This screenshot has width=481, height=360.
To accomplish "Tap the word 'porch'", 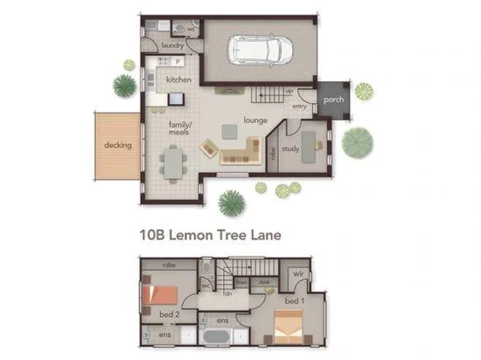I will pos(333,100).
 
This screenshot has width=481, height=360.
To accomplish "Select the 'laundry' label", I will pos(172,45).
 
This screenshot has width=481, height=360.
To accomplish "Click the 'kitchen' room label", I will pos(178,80).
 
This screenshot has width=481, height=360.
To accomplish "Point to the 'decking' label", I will pos(117,145).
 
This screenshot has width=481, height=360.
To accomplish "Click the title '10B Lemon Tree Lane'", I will pos(210,234).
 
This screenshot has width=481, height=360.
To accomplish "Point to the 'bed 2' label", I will pos(170,314).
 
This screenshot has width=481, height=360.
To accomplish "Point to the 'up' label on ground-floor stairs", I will pos(288,91).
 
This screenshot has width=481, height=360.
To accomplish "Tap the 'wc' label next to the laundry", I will pos(191,28).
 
